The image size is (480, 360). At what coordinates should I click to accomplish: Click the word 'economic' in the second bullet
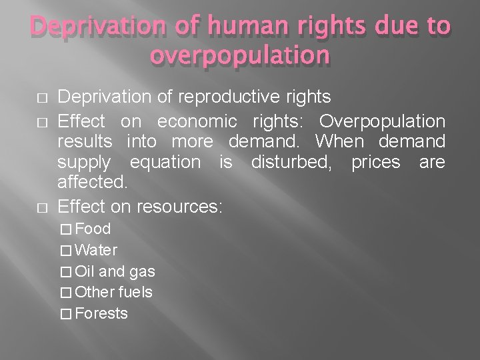tap(197, 122)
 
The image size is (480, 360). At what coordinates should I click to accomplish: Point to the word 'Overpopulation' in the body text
tap(382, 122)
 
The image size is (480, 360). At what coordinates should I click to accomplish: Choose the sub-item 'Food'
tap(93, 229)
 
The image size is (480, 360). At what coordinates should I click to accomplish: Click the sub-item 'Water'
tap(97, 250)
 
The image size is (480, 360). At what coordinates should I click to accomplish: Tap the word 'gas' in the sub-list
tap(142, 271)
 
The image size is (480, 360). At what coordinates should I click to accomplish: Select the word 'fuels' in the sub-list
tap(135, 292)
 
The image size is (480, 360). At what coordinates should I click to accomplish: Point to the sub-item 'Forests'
tap(101, 313)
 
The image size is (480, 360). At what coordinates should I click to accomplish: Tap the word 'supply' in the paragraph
tap(83, 162)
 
